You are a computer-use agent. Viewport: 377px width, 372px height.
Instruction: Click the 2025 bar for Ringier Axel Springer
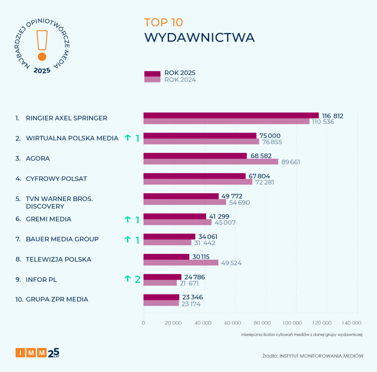231,116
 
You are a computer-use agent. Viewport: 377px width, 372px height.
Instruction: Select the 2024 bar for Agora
211,162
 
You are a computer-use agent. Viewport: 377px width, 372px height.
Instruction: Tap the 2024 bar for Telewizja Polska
181,263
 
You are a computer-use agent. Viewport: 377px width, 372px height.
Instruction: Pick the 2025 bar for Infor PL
162,277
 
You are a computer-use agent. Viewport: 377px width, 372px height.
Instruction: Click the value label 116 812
333,116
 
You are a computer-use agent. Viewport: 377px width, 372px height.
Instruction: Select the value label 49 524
231,263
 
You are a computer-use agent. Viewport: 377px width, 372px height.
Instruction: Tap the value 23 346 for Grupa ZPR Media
193,297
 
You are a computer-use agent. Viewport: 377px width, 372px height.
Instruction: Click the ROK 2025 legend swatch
152,74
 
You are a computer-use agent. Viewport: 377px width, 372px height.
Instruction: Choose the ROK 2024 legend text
180,80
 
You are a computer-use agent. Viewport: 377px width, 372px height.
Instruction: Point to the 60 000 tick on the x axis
232,323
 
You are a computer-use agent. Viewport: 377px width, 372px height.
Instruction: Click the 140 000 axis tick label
351,323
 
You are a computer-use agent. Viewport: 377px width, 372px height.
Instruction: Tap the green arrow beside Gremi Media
127,219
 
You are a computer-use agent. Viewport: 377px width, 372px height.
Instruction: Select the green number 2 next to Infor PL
137,279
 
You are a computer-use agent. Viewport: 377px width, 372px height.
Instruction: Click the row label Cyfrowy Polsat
56,179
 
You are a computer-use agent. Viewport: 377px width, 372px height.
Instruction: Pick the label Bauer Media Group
62,239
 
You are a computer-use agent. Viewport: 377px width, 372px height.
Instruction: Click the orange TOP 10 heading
163,22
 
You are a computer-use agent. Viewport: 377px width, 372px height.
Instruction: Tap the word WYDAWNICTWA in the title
199,38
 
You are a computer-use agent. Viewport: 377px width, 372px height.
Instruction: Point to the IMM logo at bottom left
37,353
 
